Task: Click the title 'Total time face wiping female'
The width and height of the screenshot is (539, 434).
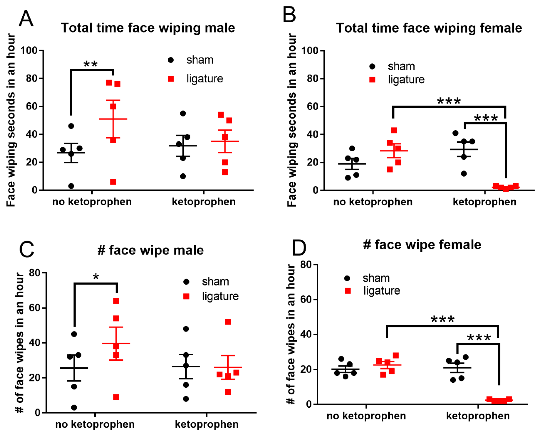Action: [x=429, y=28]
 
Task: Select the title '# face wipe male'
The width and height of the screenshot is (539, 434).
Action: [x=150, y=250]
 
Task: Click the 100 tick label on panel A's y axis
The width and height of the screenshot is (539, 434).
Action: [x=29, y=51]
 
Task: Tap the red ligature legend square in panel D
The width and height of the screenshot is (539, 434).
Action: [x=348, y=291]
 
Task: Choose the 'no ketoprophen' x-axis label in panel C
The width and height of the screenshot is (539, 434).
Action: [x=95, y=424]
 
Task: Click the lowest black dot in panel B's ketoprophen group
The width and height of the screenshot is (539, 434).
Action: [x=464, y=174]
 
